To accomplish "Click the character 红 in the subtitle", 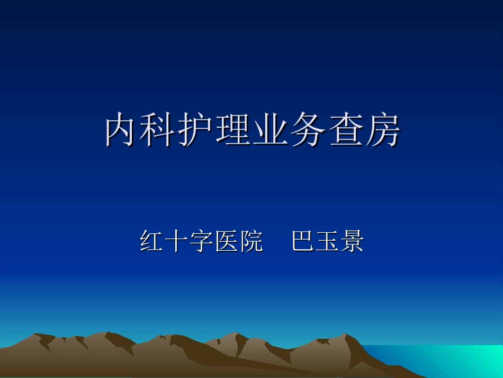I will [x=152, y=242].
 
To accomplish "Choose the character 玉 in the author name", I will [x=327, y=242].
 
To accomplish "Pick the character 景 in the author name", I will [x=352, y=242].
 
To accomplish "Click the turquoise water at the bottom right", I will [x=450, y=361].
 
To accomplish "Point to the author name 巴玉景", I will [x=327, y=242].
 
